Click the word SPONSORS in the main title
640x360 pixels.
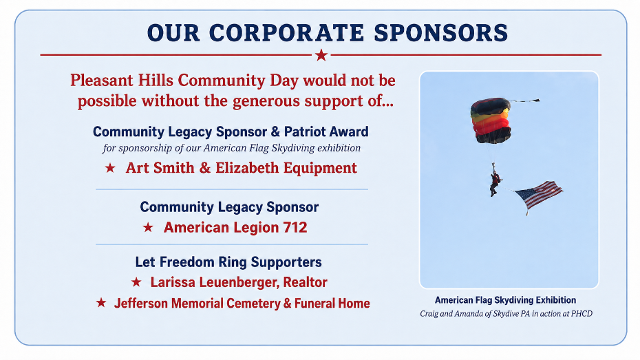pyautogui.click(x=441, y=32)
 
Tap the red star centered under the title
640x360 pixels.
pyautogui.click(x=321, y=54)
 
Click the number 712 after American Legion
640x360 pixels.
pyautogui.click(x=295, y=227)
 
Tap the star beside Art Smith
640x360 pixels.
pyautogui.click(x=110, y=168)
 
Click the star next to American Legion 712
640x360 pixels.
pyautogui.click(x=148, y=227)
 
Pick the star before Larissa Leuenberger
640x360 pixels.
pyautogui.click(x=136, y=282)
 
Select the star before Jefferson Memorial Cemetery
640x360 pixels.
pyautogui.click(x=101, y=302)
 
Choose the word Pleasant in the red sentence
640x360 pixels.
pyautogui.click(x=102, y=80)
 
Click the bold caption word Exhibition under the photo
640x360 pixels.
pyautogui.click(x=556, y=300)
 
